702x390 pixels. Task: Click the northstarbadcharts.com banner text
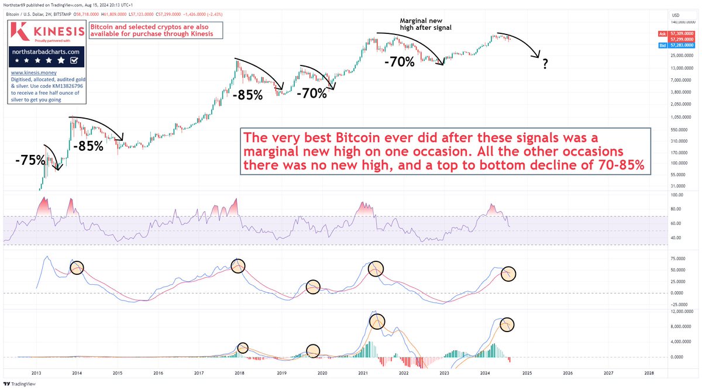46,51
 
